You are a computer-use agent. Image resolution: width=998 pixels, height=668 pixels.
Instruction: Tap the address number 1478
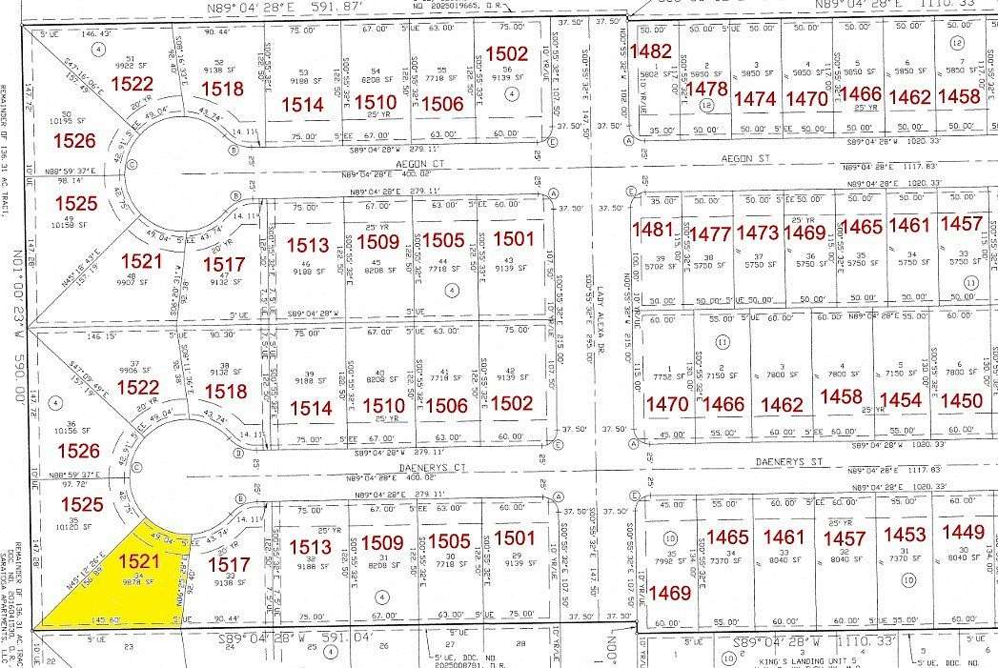click(x=706, y=89)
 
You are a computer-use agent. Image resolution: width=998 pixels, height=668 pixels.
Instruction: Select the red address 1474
click(x=756, y=98)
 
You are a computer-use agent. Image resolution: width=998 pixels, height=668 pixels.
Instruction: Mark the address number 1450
click(x=961, y=400)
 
